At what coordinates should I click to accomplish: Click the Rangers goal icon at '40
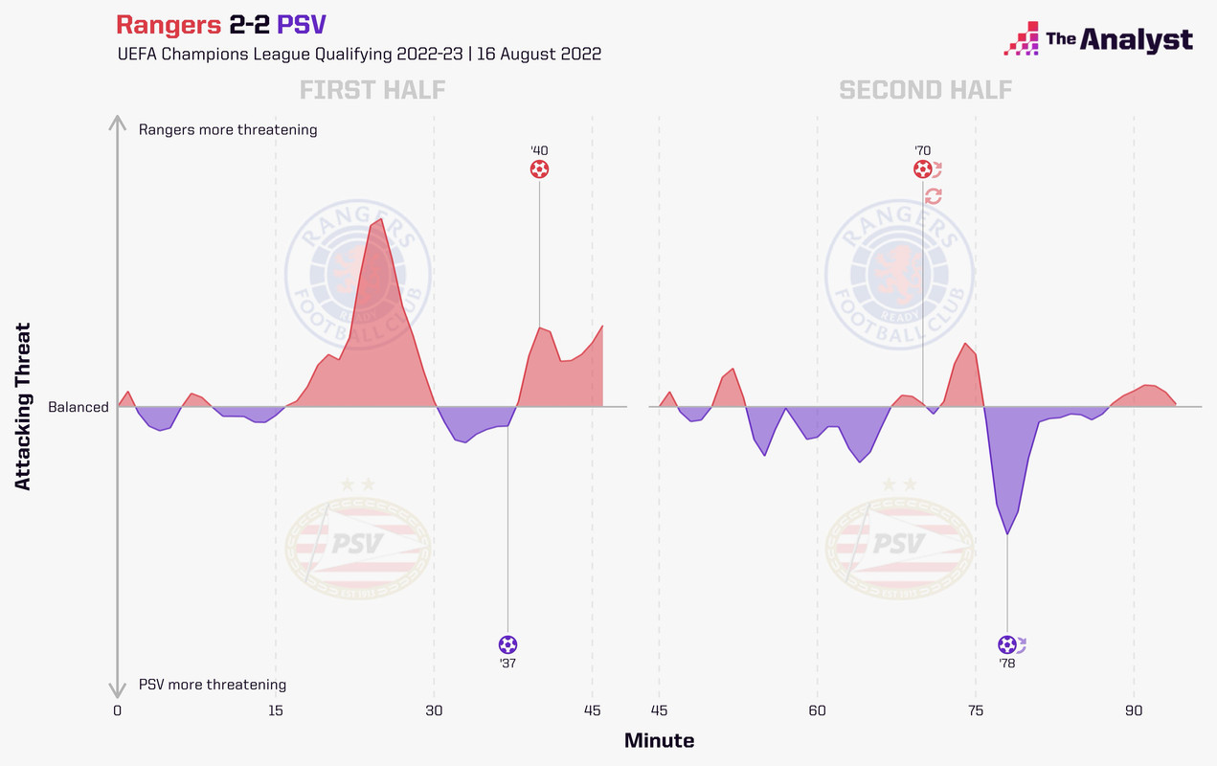tap(539, 169)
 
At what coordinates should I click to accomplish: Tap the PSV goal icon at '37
tap(507, 644)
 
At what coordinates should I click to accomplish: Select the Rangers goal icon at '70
tap(922, 169)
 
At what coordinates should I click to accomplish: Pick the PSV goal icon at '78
tap(1006, 644)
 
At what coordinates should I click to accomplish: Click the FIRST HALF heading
tap(372, 91)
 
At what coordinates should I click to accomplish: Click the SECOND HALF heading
tap(925, 91)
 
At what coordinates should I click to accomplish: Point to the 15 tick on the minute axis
tap(276, 710)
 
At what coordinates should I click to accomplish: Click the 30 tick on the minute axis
tap(434, 710)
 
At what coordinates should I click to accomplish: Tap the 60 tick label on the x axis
tap(818, 710)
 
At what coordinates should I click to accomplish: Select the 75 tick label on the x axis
tap(976, 710)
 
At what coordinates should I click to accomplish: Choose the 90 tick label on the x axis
tap(1135, 710)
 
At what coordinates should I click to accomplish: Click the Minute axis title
tap(659, 740)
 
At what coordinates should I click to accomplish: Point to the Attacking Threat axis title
tap(24, 406)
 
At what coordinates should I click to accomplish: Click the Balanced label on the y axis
tap(79, 407)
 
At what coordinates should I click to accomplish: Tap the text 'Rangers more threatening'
tap(228, 129)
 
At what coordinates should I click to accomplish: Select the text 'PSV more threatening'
tap(213, 685)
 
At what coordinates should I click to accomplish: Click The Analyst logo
tap(1098, 39)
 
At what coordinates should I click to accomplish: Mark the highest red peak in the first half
tap(381, 219)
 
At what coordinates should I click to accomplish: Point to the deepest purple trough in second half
tap(1007, 534)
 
